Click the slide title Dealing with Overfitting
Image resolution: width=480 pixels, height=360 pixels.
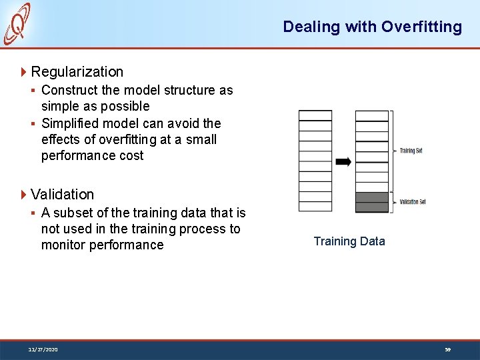point(372,27)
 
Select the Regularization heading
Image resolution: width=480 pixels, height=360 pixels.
point(77,71)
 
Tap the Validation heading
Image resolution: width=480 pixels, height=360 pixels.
point(62,194)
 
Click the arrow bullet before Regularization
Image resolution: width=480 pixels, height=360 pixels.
point(24,71)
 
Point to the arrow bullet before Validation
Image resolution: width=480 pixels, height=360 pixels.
point(24,194)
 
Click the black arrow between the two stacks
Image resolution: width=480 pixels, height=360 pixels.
point(343,161)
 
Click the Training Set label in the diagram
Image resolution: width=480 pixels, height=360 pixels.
point(411,151)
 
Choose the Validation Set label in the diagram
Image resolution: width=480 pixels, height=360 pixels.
point(412,201)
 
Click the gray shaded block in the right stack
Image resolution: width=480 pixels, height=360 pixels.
point(371,202)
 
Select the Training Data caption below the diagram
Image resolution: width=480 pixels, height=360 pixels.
point(349,241)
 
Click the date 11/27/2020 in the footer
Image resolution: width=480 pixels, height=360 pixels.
point(43,349)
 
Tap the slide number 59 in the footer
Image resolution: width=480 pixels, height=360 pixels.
point(449,349)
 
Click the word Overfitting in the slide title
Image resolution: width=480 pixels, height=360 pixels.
point(421,27)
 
